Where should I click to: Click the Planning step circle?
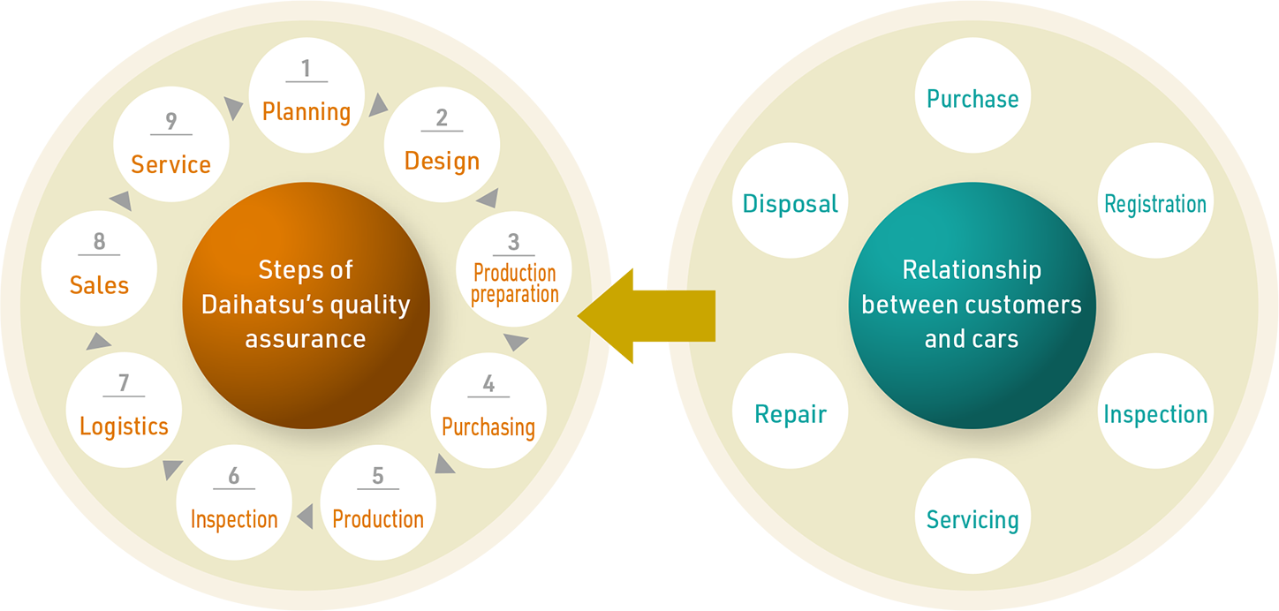[x=307, y=94]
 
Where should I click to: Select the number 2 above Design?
[x=442, y=117]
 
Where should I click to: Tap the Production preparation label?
[x=514, y=283]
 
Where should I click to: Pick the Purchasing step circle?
[x=488, y=410]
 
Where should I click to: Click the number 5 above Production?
[x=378, y=476]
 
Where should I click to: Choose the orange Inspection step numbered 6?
[x=234, y=502]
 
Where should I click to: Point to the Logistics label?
[x=124, y=426]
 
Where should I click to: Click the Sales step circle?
[x=99, y=268]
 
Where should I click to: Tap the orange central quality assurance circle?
[x=306, y=305]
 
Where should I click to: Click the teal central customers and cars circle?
[x=972, y=305]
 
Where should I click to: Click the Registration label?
[x=1155, y=204]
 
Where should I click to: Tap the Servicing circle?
[x=972, y=517]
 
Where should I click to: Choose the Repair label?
[x=791, y=414]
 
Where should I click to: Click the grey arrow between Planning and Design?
[x=378, y=105]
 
